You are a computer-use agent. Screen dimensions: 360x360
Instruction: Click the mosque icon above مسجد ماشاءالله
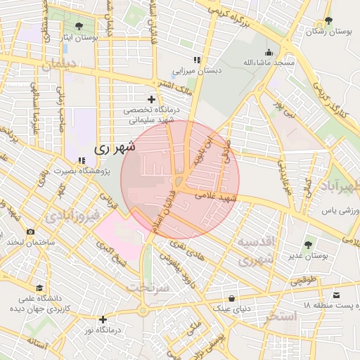point(268,52)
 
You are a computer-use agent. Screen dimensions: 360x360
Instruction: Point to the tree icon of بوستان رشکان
point(328,21)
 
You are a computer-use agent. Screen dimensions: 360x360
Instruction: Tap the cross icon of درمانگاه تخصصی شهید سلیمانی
point(151,100)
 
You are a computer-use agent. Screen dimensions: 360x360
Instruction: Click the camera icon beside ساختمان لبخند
point(30,231)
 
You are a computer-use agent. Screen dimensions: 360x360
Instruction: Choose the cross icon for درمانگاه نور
point(103,319)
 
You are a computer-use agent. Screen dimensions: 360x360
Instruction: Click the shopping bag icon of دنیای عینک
point(231,298)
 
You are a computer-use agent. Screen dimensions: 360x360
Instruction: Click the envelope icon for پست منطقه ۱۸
point(335,295)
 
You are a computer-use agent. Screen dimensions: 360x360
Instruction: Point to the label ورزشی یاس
point(336,210)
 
